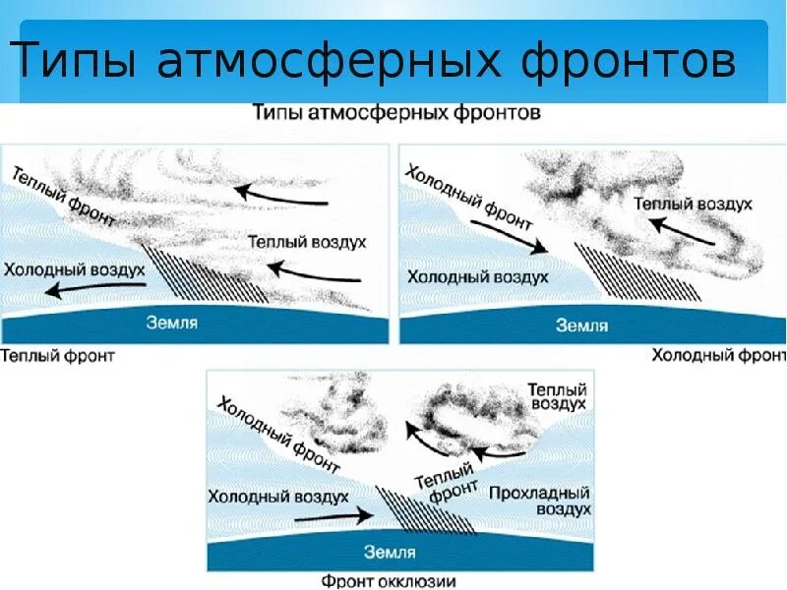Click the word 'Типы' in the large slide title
coord(75,61)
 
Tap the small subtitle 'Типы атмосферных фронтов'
coord(395,113)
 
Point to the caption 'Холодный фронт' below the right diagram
coord(717,354)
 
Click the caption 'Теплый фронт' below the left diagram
coord(58,354)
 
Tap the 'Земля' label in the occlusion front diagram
coord(390,552)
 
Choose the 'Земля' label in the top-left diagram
coord(173,322)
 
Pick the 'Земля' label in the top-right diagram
coord(582,324)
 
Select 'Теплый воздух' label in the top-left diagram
coord(307,241)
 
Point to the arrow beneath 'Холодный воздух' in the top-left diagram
coord(98,289)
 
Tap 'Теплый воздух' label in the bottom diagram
coord(557,396)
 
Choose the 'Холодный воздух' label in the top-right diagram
coord(477,277)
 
